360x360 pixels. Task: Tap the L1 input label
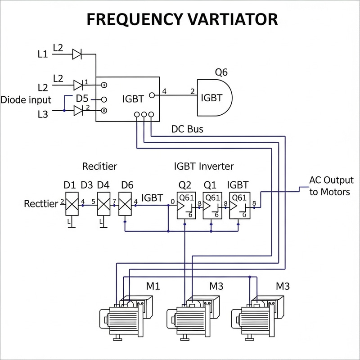point(42,54)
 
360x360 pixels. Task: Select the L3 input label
point(42,114)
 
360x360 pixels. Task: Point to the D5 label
point(81,99)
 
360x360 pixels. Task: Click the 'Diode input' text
point(26,99)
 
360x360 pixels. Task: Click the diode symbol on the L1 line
point(77,54)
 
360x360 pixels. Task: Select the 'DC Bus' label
point(187,129)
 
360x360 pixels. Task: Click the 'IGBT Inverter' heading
point(204,166)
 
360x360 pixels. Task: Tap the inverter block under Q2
point(185,206)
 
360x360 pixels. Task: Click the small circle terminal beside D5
point(103,99)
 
